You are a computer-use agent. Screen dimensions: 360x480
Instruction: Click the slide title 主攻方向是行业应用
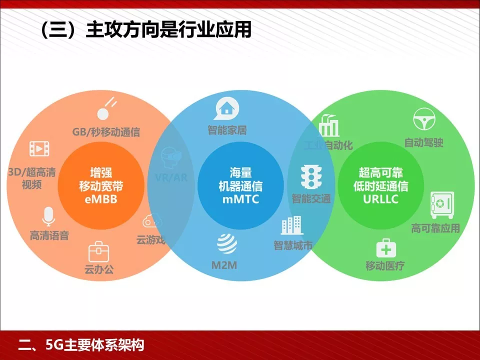pyautogui.click(x=145, y=30)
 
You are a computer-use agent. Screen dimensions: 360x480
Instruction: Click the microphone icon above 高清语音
pyautogui.click(x=48, y=216)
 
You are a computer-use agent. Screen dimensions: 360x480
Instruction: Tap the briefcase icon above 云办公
pyautogui.click(x=98, y=251)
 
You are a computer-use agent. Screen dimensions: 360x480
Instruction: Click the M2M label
pyautogui.click(x=224, y=265)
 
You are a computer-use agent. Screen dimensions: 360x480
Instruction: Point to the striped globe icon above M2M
pyautogui.click(x=226, y=243)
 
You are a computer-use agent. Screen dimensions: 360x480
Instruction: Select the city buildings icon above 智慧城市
pyautogui.click(x=292, y=225)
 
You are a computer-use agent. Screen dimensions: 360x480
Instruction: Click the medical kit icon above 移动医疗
pyautogui.click(x=385, y=247)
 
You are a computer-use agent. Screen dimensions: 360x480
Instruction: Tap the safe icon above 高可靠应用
pyautogui.click(x=441, y=204)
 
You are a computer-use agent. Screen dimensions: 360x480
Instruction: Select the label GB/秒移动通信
pyautogui.click(x=106, y=132)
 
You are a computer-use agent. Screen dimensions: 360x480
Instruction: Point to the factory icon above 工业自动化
pyautogui.click(x=328, y=125)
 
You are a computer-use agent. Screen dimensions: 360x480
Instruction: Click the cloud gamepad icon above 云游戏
pyautogui.click(x=152, y=220)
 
